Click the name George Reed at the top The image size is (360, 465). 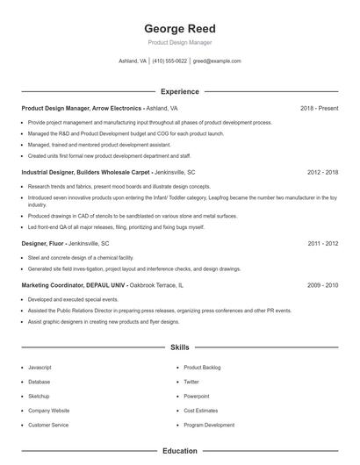(x=179, y=28)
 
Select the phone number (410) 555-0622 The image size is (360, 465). (x=169, y=61)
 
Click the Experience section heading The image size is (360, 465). (x=179, y=91)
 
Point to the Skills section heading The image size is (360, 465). (x=179, y=347)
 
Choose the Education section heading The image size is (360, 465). (x=179, y=451)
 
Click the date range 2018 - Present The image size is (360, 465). (x=319, y=108)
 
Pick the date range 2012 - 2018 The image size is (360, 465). (x=322, y=173)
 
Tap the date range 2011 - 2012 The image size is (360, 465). (x=322, y=243)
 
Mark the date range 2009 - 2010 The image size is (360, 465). (x=322, y=285)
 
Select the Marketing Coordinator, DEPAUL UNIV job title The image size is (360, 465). (x=74, y=285)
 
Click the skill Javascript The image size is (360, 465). (x=40, y=367)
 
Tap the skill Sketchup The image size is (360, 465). (x=39, y=396)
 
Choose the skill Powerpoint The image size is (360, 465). (x=198, y=396)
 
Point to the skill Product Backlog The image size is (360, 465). (x=202, y=367)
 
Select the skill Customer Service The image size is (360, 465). (x=47, y=425)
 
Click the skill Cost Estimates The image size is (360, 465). (x=201, y=410)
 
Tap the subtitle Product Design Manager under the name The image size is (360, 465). (x=179, y=42)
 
